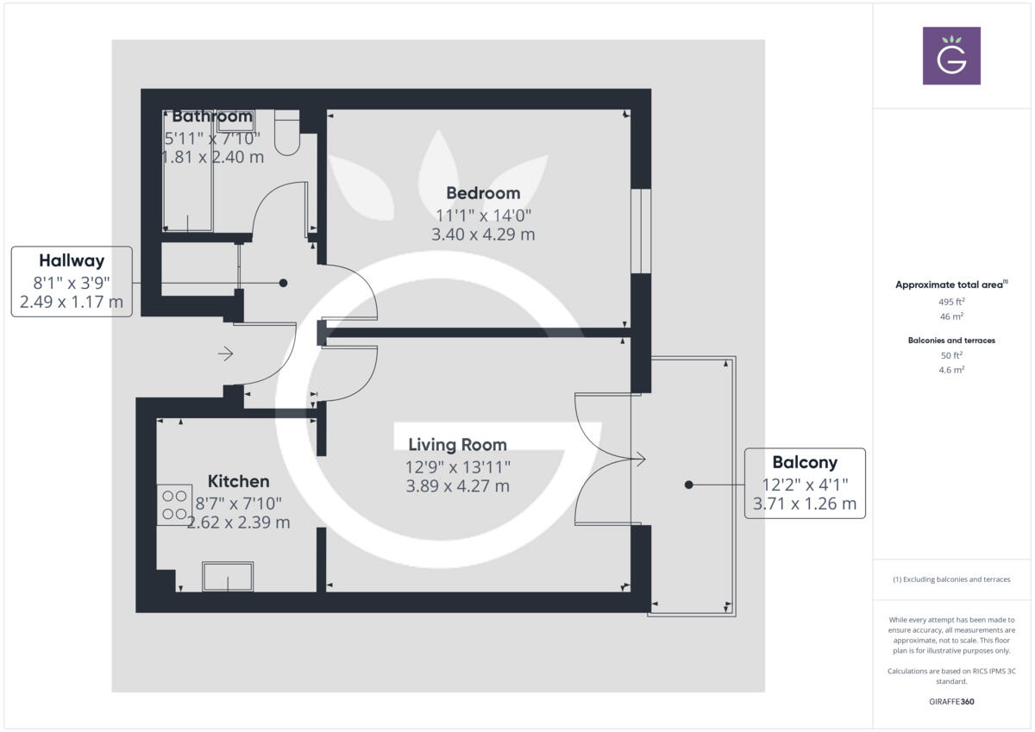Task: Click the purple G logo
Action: (x=951, y=56)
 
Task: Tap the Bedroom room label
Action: (x=483, y=193)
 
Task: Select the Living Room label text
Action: (x=457, y=445)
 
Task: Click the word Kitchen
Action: (x=239, y=481)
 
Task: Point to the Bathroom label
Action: (x=212, y=116)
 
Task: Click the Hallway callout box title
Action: (x=72, y=260)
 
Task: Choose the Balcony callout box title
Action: (x=805, y=462)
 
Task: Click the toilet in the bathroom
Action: (x=287, y=134)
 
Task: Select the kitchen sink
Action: (x=228, y=576)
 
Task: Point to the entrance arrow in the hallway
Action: (x=226, y=353)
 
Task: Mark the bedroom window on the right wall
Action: (x=641, y=230)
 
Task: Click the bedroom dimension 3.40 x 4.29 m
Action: (x=483, y=234)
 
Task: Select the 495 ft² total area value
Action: (x=951, y=302)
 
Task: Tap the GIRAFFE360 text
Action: (x=951, y=702)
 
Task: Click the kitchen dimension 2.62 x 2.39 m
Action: (x=239, y=522)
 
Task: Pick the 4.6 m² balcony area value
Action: (x=951, y=370)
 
